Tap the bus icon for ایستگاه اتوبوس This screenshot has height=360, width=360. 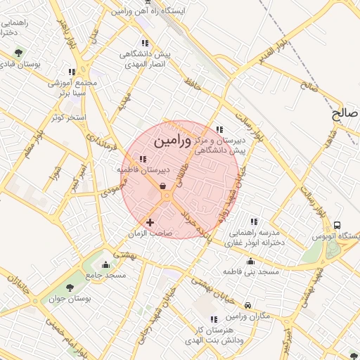338,226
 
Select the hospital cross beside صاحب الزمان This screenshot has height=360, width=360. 149,222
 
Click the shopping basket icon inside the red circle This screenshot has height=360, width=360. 163,186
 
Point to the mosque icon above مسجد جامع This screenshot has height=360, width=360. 105,265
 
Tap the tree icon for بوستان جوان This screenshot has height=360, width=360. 69,288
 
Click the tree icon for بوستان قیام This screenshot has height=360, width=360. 18,53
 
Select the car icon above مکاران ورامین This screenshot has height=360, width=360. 248,306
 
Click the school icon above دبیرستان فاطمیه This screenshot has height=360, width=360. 143,159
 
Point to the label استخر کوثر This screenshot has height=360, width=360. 68,116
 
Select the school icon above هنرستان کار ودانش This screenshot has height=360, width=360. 212,319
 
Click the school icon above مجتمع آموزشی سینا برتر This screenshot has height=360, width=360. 72,72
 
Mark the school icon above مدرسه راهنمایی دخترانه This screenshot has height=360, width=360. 253,221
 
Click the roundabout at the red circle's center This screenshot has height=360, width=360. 166,198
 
